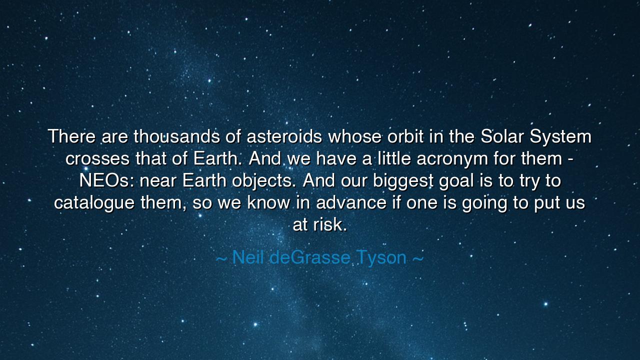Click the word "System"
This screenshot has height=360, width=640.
(x=561, y=136)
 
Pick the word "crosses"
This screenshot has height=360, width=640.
(x=98, y=158)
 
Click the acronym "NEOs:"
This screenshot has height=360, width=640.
(x=106, y=180)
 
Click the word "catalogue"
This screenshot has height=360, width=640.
(x=94, y=203)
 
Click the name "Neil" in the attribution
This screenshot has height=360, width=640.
(x=248, y=257)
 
